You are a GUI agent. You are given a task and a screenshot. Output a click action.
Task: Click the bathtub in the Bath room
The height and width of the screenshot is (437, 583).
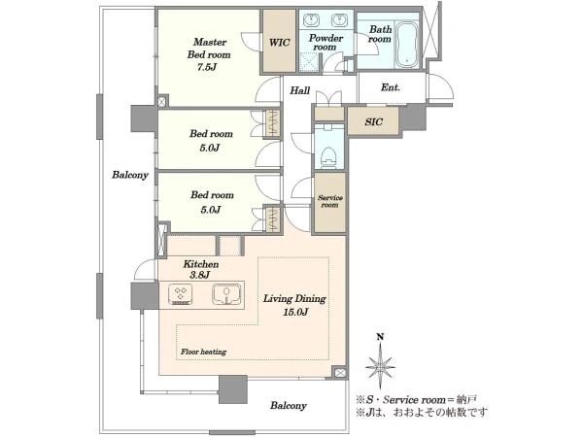tap(407, 46)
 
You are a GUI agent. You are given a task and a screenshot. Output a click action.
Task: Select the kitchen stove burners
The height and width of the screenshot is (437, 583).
tap(181, 295)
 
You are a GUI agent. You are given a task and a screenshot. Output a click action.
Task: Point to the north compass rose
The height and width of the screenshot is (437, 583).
tap(380, 366)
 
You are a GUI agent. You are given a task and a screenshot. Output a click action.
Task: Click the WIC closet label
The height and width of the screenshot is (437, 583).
tap(279, 43)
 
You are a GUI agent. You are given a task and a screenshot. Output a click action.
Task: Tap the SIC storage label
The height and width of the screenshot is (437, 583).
tap(373, 121)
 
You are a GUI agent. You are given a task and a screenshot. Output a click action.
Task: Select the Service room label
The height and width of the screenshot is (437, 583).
tap(330, 201)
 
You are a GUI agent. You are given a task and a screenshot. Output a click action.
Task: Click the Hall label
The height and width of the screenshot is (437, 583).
tap(299, 90)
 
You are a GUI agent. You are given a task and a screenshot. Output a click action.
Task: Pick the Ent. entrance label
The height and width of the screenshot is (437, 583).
tap(391, 87)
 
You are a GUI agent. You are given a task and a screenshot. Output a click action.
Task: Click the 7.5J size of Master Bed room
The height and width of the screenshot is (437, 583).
tap(207, 67)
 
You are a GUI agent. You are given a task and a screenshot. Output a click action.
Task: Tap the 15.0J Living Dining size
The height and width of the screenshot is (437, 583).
tap(295, 312)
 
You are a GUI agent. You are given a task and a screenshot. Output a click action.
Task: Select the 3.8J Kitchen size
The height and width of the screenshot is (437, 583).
tap(200, 275)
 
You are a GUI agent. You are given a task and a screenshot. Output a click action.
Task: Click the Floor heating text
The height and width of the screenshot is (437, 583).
tap(203, 352)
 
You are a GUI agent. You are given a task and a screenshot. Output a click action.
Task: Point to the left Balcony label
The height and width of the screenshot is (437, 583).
tap(130, 175)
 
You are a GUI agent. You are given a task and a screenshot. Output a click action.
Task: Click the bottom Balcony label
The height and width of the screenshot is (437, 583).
tap(289, 405)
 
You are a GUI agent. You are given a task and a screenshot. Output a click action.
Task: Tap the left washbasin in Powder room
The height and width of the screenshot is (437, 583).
tap(311, 20)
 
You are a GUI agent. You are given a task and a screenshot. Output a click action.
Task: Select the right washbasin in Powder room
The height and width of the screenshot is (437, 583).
tap(339, 20)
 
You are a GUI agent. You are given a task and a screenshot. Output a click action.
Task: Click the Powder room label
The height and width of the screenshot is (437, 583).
tap(326, 43)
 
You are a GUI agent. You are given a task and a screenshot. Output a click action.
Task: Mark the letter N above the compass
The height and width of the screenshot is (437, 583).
tap(380, 337)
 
